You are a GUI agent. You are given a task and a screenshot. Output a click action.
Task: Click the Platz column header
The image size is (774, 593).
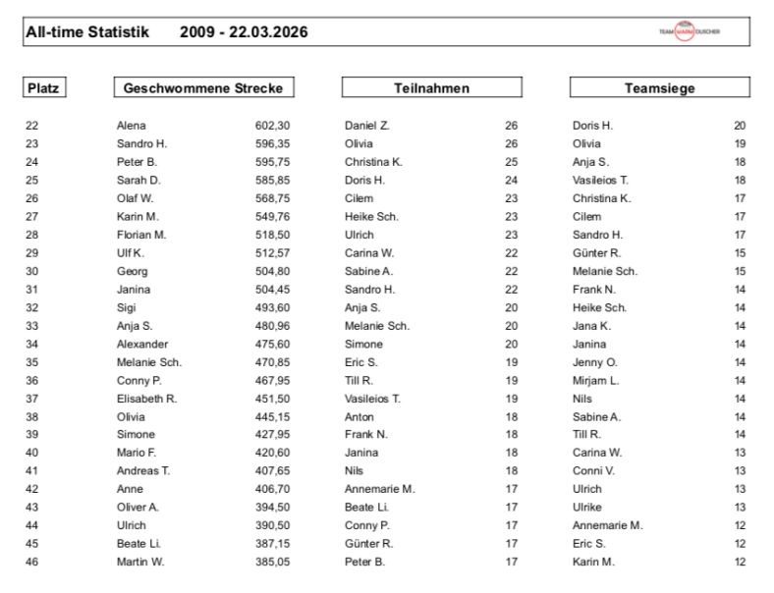[42, 88]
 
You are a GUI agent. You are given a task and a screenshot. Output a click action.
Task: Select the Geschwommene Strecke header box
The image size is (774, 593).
[203, 88]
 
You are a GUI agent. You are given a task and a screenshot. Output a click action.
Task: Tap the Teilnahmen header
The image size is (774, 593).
[431, 88]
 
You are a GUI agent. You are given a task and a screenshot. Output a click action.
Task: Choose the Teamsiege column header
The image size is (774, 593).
[659, 88]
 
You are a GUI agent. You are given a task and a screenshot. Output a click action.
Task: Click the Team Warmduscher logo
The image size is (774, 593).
[690, 31]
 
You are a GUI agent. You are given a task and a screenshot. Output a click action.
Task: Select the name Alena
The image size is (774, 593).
[131, 126]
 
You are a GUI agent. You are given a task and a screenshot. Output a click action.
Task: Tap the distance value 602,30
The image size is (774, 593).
[272, 126]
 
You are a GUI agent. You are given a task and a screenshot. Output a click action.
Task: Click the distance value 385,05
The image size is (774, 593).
[272, 562]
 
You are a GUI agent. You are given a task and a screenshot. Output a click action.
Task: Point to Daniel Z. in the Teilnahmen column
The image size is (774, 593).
[367, 126]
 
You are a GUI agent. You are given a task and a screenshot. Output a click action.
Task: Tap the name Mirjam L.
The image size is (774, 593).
[595, 380]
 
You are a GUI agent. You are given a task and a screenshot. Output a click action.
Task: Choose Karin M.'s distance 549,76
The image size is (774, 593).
[272, 216]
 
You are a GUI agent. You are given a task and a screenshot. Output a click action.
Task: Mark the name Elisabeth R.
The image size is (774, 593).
[146, 398]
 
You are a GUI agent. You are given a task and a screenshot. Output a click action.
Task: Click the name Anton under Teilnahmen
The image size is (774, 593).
[359, 416]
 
